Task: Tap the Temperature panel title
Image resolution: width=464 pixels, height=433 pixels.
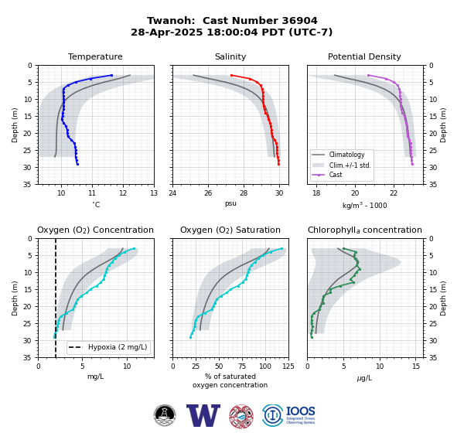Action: (95, 56)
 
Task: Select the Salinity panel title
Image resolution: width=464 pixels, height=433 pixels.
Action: (230, 56)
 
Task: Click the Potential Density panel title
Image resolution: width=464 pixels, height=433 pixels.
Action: (364, 56)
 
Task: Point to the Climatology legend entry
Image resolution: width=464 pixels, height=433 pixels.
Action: (346, 155)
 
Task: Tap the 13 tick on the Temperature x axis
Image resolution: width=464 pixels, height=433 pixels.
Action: (154, 193)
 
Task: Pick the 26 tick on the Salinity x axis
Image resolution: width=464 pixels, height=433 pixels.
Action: (208, 193)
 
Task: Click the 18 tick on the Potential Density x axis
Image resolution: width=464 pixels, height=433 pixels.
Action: (316, 193)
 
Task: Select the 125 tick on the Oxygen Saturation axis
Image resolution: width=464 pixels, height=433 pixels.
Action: (288, 367)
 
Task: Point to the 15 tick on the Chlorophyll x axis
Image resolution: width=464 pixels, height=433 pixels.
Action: (416, 367)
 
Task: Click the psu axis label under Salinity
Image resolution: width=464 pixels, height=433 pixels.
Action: (230, 203)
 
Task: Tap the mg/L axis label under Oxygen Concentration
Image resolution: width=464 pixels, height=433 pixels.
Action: (96, 377)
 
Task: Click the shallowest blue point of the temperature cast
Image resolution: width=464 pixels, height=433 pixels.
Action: (111, 76)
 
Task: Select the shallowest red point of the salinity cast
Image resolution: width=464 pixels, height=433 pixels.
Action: (231, 76)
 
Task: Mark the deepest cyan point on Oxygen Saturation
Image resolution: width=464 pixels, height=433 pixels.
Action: (190, 337)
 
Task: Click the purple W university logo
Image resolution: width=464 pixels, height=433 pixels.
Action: (203, 415)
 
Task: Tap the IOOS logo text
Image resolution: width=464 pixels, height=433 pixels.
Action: (300, 411)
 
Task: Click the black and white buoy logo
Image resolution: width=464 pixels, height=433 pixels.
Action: (165, 415)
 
